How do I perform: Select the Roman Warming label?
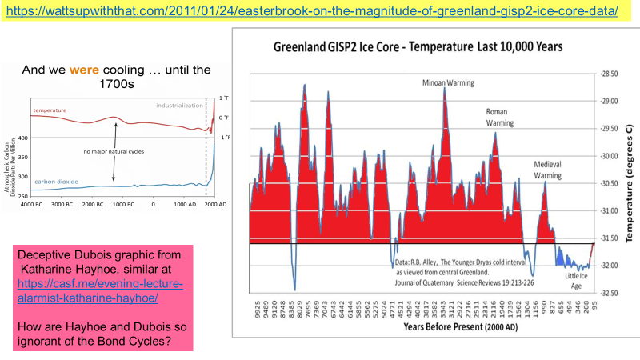click(502, 118)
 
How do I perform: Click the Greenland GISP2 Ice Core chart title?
click(418, 48)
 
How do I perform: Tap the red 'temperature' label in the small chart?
click(50, 110)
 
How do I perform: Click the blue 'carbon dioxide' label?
click(56, 182)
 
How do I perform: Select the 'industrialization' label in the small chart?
click(177, 105)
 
